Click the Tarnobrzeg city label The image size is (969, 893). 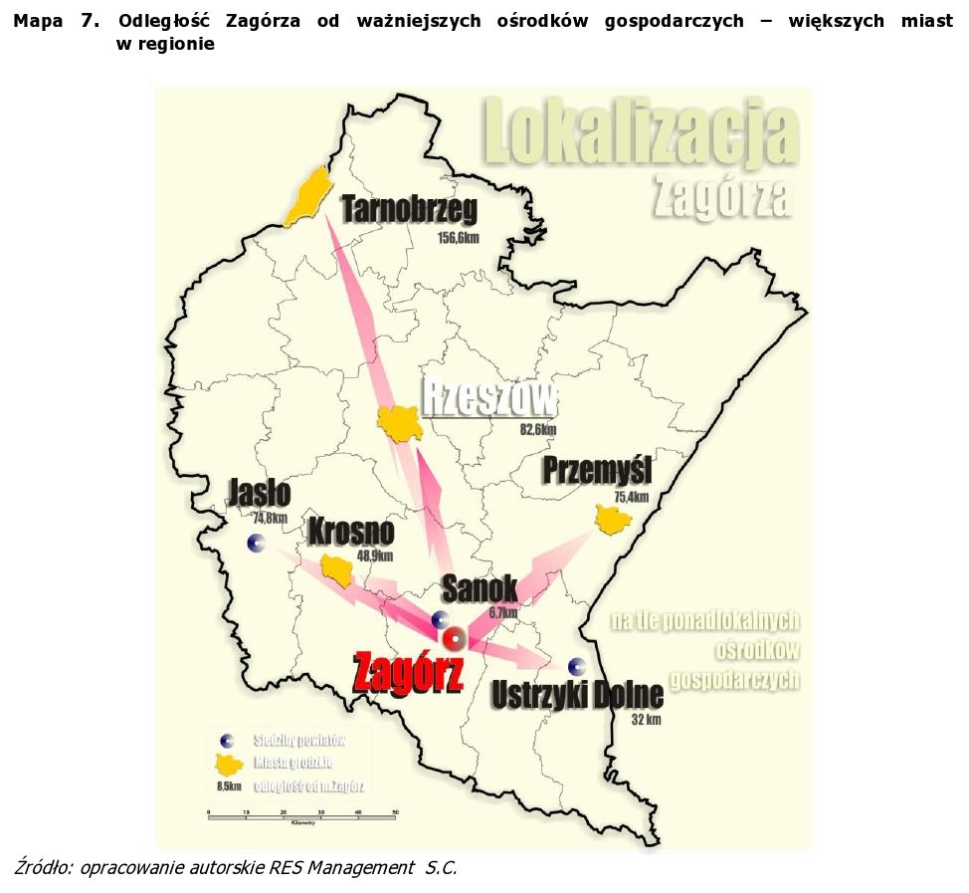click(x=409, y=210)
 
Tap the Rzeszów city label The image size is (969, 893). click(x=488, y=399)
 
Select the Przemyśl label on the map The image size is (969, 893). click(x=596, y=470)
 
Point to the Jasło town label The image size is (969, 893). click(x=259, y=493)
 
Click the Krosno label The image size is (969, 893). click(x=350, y=533)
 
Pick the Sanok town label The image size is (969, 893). click(x=480, y=588)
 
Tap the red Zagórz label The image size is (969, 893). click(x=408, y=674)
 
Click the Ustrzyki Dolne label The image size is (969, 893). click(x=578, y=694)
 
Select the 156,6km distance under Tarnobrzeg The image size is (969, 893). click(x=459, y=238)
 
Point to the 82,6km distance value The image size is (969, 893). click(x=538, y=430)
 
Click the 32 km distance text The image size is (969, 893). click(x=646, y=719)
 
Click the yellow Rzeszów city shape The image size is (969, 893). click(x=401, y=424)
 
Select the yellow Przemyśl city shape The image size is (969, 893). click(x=613, y=519)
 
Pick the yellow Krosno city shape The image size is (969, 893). click(x=338, y=570)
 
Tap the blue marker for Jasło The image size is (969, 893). click(x=257, y=543)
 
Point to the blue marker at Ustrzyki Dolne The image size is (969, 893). click(x=575, y=666)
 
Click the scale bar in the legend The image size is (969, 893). click(x=301, y=814)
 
